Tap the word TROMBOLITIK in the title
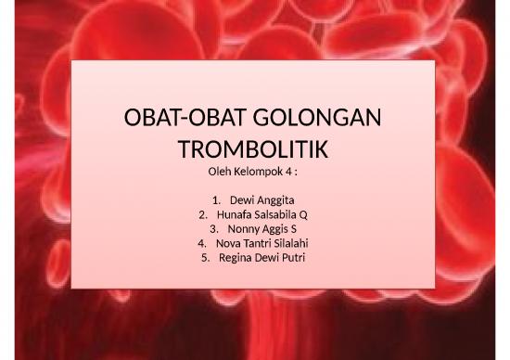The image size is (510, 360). pyautogui.click(x=254, y=150)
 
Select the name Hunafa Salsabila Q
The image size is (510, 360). pyautogui.click(x=261, y=214)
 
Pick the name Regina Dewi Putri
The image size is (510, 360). pyautogui.click(x=261, y=259)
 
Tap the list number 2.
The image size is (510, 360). pyautogui.click(x=204, y=214)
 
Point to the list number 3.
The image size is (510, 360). pyautogui.click(x=214, y=229)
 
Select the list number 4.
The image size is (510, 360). pyautogui.click(x=202, y=244)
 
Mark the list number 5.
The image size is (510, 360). pyautogui.click(x=206, y=259)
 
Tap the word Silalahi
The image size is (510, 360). pyautogui.click(x=287, y=244)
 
